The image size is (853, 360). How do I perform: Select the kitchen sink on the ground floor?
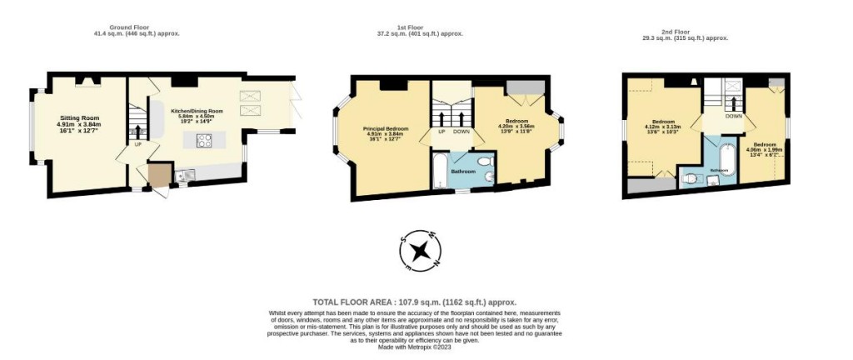182,173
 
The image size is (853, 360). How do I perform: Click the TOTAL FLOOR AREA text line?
414,302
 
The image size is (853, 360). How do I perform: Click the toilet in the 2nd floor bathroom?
689,177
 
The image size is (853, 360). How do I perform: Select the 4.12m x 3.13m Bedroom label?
663,126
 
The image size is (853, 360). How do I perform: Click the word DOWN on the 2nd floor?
734,117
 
